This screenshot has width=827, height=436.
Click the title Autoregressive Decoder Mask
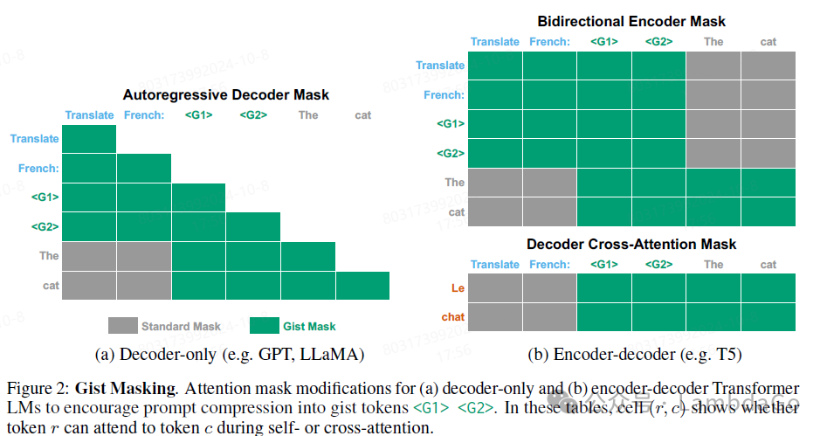pyautogui.click(x=226, y=94)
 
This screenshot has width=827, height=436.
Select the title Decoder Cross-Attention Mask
pyautogui.click(x=631, y=244)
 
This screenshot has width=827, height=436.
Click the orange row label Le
pyautogui.click(x=458, y=287)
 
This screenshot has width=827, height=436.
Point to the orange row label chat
pyautogui.click(x=453, y=316)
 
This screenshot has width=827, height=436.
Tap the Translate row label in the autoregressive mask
pyautogui.click(x=35, y=139)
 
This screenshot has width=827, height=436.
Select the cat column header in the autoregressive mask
pyautogui.click(x=362, y=115)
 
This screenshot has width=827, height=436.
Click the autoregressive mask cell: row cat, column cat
pyautogui.click(x=362, y=285)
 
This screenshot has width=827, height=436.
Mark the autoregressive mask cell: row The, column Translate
pyautogui.click(x=89, y=256)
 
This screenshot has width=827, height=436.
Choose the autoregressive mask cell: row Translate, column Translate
pyautogui.click(x=89, y=139)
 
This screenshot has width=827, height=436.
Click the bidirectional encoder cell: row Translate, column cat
pyautogui.click(x=768, y=66)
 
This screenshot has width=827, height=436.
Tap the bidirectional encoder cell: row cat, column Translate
pyautogui.click(x=495, y=211)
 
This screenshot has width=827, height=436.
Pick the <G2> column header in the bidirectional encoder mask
pyautogui.click(x=659, y=42)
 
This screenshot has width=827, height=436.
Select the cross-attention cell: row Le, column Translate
pyautogui.click(x=495, y=287)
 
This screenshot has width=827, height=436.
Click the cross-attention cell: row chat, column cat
pyautogui.click(x=768, y=316)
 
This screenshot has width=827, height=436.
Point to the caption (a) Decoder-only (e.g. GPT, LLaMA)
pyautogui.click(x=228, y=355)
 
